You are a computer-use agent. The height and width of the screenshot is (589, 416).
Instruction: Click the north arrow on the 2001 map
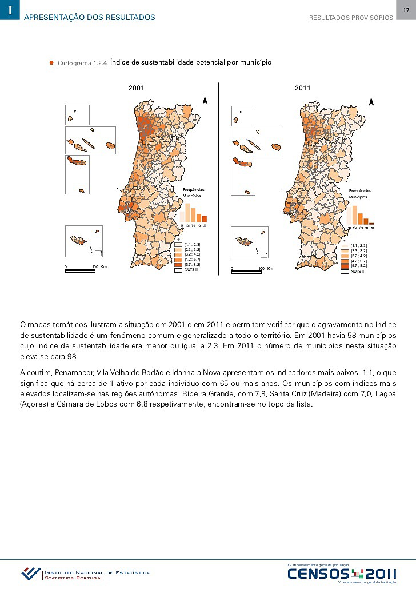click(205, 101)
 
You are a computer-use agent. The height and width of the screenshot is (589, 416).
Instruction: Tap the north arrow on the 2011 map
click(371, 101)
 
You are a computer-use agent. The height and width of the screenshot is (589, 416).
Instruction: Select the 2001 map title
click(136, 88)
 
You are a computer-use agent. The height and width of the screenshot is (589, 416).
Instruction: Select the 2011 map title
click(302, 88)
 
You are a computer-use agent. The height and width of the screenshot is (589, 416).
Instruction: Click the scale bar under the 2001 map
click(80, 270)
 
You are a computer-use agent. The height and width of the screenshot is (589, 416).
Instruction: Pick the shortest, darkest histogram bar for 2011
click(371, 223)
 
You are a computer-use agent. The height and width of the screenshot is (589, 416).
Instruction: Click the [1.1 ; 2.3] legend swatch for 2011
click(345, 245)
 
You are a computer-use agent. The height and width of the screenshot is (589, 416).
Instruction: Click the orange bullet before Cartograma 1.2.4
click(51, 62)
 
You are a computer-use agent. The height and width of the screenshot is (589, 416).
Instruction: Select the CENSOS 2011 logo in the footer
click(341, 574)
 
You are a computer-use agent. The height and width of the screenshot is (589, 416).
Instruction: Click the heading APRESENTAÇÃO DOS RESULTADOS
click(90, 18)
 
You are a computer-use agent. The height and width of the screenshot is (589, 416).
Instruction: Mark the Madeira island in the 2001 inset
click(77, 241)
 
